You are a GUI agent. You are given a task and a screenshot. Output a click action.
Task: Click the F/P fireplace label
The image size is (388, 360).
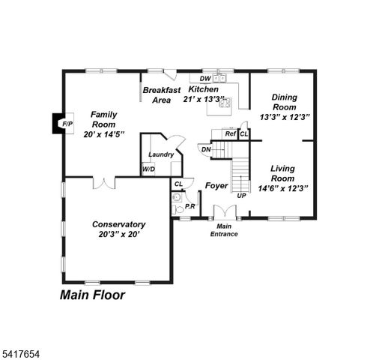tap(67, 124)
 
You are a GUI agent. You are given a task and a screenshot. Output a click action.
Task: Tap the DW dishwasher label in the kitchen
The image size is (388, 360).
tap(204, 78)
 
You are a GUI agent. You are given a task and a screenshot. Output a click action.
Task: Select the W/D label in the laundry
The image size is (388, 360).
tap(149, 169)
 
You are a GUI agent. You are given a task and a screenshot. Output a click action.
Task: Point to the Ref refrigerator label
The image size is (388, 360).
tap(231, 133)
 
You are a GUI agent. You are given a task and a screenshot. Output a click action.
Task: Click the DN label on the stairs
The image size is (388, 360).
tap(206, 148)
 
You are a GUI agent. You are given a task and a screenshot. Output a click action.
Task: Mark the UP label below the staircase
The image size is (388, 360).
tap(241, 196)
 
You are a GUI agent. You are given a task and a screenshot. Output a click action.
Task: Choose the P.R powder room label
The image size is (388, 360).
tap(190, 206)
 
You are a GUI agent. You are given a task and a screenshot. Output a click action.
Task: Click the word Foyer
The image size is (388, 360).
tap(216, 185)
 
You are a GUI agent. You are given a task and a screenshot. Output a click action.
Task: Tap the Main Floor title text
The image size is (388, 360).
tap(92, 295)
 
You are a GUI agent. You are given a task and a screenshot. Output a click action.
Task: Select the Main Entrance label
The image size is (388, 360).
tap(224, 229)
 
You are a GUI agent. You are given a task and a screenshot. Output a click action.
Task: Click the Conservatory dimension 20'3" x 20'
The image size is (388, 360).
tap(118, 234)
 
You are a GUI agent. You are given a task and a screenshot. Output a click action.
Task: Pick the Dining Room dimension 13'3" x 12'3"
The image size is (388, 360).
tap(285, 117)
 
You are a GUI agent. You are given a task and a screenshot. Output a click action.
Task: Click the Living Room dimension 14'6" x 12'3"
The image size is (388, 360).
tap(283, 188)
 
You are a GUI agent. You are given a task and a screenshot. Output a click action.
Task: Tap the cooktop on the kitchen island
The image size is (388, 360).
tap(224, 103)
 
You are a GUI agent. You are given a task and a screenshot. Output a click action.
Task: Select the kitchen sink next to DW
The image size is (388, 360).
tap(219, 78)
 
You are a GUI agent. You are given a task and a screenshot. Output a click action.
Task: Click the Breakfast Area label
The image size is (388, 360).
tap(161, 94)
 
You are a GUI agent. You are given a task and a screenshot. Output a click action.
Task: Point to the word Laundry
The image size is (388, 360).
tap(161, 154)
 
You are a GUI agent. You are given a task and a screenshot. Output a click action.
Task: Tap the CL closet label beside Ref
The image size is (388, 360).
tap(243, 133)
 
